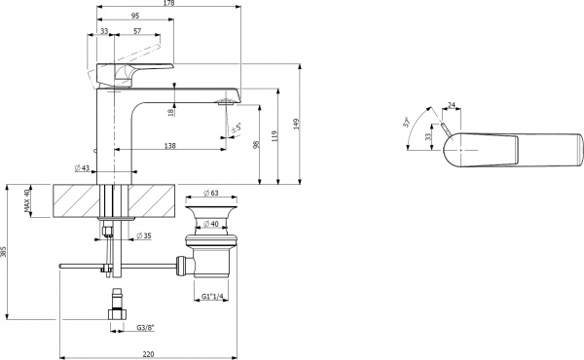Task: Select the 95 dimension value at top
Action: tap(134, 16)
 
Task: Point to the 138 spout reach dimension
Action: tap(170, 145)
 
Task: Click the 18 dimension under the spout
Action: tap(171, 113)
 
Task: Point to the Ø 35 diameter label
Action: tap(143, 236)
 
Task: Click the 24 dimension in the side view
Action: tap(452, 105)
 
